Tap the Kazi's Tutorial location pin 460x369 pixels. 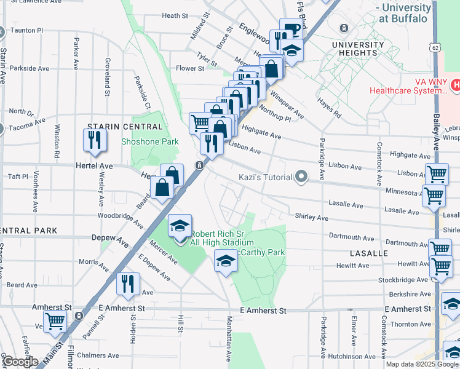coord(301,177)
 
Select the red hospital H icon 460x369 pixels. coord(456,85)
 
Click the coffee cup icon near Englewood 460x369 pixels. coord(290,29)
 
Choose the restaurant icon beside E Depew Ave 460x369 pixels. coord(128,283)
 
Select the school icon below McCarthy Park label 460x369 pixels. coord(225,263)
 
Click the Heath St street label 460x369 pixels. coord(175,15)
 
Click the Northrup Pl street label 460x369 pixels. coord(275,112)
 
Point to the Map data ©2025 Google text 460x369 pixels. coord(421,364)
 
